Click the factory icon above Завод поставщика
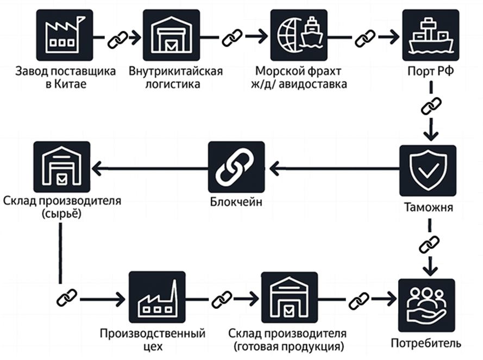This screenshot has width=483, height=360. coord(65,36)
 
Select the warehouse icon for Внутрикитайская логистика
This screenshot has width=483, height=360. coord(171,36)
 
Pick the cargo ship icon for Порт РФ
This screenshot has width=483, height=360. coord(430,36)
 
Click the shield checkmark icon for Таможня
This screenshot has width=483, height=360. coord(428,170)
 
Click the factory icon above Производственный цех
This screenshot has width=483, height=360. coord(157,299)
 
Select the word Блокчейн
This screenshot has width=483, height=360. coord(236,203)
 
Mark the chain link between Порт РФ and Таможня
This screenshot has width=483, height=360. coord(430,107)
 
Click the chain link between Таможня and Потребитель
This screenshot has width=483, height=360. coord(429,245)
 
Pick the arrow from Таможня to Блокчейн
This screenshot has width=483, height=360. coord(334,170)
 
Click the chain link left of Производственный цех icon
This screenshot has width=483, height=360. coord(67,297)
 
